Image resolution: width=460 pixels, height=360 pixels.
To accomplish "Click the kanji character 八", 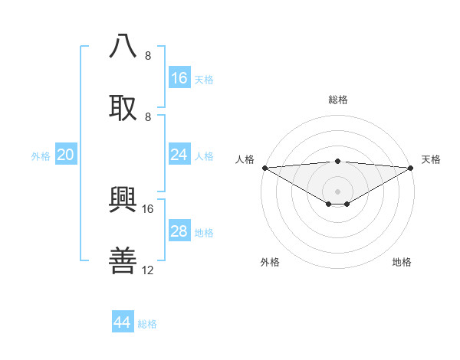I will (123, 47).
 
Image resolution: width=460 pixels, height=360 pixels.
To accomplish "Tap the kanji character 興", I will (123, 200).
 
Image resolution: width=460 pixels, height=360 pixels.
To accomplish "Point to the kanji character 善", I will (123, 261).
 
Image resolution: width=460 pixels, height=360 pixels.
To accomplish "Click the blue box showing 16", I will (179, 78).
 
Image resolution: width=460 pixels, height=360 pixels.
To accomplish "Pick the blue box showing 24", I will (179, 155).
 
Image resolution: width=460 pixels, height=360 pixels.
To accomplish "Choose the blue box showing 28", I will (179, 231).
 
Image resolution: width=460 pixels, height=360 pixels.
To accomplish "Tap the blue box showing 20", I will (66, 155).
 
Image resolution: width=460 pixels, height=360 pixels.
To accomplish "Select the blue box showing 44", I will (123, 322).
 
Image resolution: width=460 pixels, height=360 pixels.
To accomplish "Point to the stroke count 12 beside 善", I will (148, 270).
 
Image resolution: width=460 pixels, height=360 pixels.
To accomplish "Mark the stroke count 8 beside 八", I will (148, 56).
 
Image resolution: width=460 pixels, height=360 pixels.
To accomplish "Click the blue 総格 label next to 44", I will (147, 324).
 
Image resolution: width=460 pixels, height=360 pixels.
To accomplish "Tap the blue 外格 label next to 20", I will (41, 156).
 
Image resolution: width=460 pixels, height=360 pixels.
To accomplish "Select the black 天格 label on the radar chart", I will (431, 159).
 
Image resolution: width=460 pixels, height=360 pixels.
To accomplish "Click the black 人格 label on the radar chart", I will (245, 159).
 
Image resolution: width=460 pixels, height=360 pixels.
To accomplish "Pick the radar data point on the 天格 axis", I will (411, 168).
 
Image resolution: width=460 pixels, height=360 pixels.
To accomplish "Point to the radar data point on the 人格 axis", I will (264, 168).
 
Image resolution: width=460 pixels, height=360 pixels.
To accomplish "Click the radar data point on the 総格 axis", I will (337, 161).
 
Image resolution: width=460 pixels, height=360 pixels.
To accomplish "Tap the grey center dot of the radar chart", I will (337, 191).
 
